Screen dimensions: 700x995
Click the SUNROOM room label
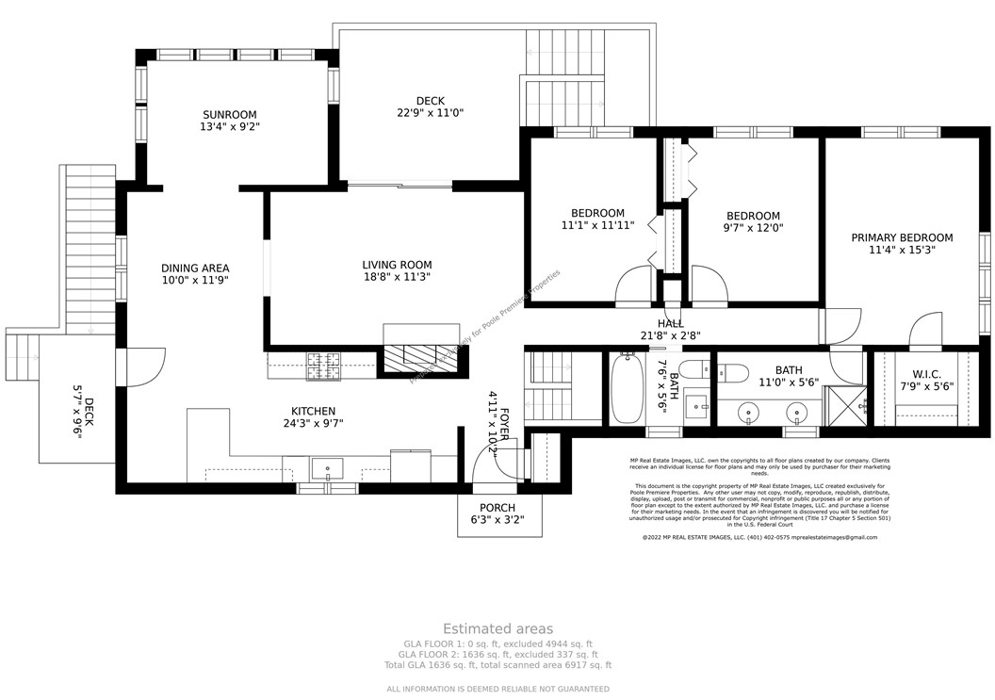229,115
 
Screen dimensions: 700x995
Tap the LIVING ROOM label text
397,265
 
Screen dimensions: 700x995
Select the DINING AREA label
195,269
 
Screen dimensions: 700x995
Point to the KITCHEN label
313,411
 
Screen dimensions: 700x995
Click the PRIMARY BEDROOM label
902,238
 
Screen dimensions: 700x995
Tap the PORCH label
497,508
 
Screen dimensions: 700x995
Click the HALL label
671,323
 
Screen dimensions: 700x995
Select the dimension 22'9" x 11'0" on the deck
430,113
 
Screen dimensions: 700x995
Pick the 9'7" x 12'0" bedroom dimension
753,228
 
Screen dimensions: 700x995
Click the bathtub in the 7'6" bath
626,390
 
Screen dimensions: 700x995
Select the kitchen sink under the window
328,468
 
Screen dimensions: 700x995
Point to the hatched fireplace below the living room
423,359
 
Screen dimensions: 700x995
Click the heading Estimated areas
497,628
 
